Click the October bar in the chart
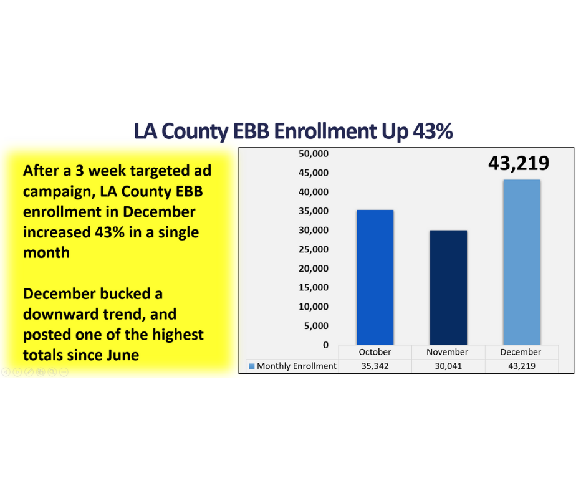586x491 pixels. (375, 277)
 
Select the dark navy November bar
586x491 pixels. (448, 287)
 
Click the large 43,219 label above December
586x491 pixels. (519, 163)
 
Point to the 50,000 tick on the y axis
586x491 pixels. (315, 153)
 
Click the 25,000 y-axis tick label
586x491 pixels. (315, 249)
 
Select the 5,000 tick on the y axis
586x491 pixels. (317, 326)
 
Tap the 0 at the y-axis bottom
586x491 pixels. (325, 345)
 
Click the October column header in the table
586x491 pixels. (375, 352)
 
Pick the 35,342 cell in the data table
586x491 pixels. (375, 366)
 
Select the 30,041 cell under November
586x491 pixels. (448, 366)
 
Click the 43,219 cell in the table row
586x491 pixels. (521, 366)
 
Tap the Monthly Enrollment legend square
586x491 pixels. (252, 366)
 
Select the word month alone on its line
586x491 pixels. (46, 252)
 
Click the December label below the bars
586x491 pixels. (521, 352)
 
